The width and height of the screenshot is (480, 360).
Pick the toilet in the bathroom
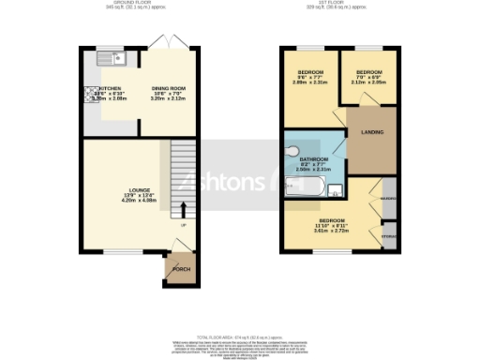click(292, 151)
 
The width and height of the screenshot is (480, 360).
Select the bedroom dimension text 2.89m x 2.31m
click(310, 83)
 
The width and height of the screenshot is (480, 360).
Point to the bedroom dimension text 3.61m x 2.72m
click(332, 230)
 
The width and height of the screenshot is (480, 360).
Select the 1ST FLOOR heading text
click(334, 4)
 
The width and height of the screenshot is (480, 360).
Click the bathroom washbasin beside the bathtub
click(336, 191)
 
